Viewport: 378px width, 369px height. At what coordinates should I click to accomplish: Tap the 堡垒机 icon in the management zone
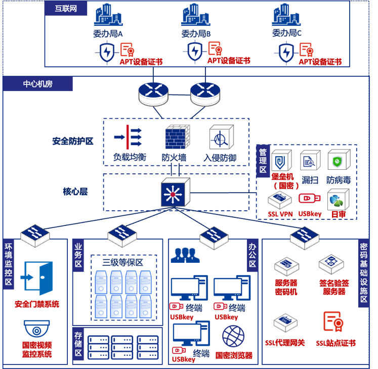click(x=281, y=161)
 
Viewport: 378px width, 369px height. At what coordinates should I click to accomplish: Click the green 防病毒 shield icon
click(x=338, y=161)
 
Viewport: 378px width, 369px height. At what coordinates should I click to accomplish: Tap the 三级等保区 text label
click(x=123, y=262)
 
